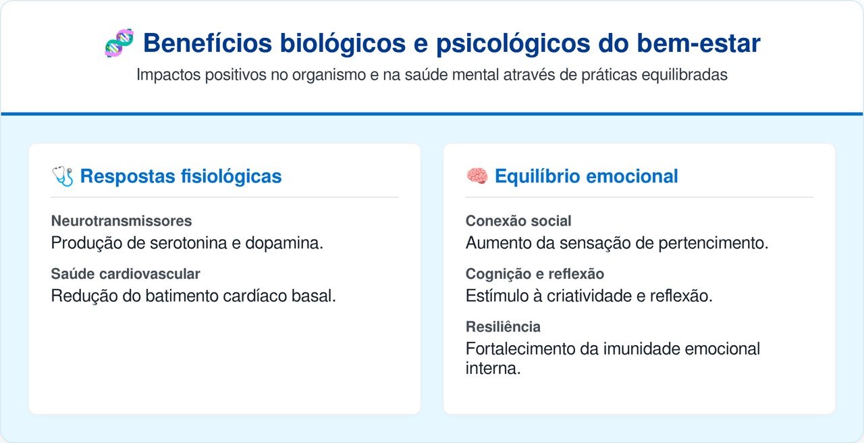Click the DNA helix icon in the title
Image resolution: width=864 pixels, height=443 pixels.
point(119,43)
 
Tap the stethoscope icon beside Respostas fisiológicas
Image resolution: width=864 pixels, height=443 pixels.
point(63,176)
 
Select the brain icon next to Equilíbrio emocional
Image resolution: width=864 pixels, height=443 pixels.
point(477,176)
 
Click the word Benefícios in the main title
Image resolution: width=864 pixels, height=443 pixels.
point(208,43)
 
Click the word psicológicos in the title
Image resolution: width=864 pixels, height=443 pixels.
point(513,44)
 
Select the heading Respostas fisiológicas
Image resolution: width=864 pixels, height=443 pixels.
point(181,176)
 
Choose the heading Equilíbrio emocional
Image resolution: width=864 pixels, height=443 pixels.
point(587,176)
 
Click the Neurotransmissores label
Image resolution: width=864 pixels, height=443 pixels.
point(122,221)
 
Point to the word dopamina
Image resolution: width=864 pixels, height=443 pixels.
point(284,243)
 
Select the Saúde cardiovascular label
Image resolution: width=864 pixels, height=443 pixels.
point(126,273)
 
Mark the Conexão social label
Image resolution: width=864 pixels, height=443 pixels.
point(518,221)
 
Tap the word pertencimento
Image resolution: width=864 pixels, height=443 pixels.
point(713,243)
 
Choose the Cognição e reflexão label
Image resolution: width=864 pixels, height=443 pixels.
point(535,273)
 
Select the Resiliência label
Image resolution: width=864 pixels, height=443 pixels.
point(503,326)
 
